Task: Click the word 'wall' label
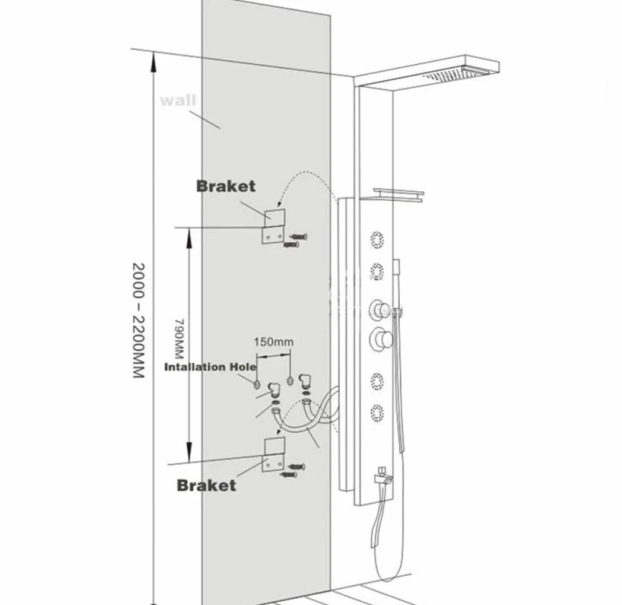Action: click(x=178, y=100)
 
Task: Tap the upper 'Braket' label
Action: click(x=226, y=186)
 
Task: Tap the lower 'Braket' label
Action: click(x=206, y=485)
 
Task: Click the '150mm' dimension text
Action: click(x=274, y=342)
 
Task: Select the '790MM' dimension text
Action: click(x=179, y=338)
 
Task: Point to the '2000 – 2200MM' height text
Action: click(x=138, y=320)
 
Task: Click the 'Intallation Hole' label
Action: click(x=210, y=367)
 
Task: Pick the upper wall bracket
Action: click(x=274, y=226)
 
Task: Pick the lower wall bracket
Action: click(x=274, y=455)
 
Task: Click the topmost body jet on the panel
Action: click(x=377, y=240)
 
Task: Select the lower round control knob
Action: click(x=381, y=339)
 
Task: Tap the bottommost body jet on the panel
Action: click(x=377, y=414)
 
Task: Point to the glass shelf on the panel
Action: click(x=399, y=194)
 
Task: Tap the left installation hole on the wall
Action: click(x=257, y=384)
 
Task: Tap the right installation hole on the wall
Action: click(x=291, y=381)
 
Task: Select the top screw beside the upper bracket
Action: click(x=298, y=237)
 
